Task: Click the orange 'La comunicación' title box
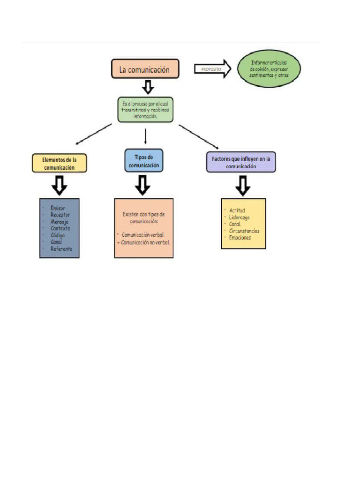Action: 145,69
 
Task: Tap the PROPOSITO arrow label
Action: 212,69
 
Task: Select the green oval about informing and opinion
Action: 269,69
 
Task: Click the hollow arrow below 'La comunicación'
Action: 148,87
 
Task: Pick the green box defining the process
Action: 145,109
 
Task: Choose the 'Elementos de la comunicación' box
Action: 60,163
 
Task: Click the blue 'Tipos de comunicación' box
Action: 144,161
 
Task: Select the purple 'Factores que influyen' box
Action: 241,162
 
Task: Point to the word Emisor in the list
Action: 59,208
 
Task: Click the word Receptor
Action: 60,215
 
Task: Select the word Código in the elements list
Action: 58,235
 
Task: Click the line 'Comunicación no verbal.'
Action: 145,243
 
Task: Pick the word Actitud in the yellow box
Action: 237,210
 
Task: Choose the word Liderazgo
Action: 240,217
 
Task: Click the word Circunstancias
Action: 244,231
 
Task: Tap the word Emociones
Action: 240,238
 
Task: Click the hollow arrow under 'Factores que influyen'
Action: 242,186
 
